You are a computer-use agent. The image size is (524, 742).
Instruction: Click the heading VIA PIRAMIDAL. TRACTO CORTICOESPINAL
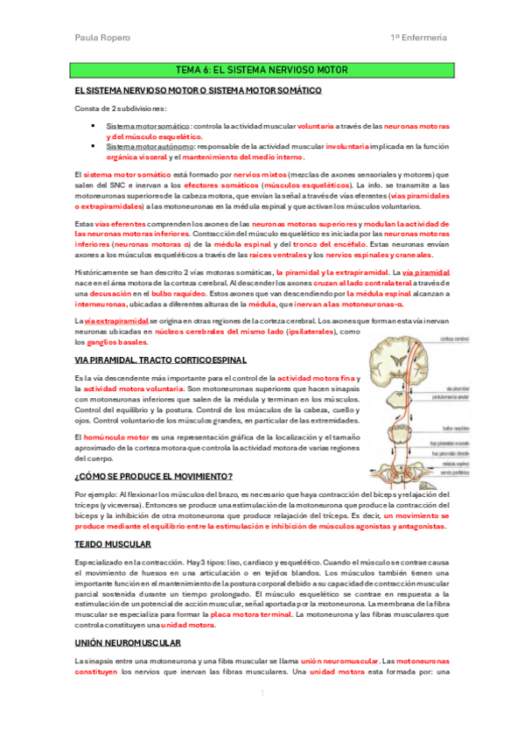click(x=160, y=360)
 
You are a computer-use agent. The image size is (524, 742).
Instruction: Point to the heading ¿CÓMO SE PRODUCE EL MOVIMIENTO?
click(x=153, y=476)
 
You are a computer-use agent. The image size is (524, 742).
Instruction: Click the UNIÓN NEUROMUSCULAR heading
click(x=123, y=642)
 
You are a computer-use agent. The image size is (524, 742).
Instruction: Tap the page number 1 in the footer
click(x=262, y=695)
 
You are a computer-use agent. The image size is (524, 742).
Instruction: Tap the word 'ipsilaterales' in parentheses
click(x=309, y=332)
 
